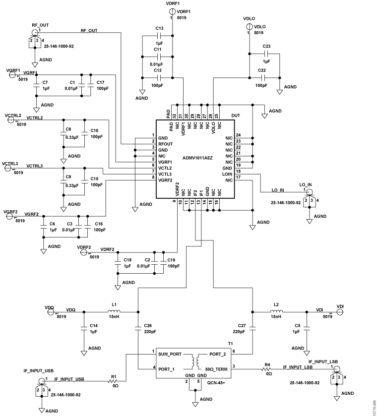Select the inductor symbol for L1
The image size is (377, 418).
click(x=114, y=312)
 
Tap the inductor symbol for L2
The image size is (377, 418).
click(x=276, y=312)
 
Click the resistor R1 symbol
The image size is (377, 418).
click(x=113, y=381)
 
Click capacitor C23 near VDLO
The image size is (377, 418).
click(x=266, y=53)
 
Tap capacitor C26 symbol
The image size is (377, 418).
click(x=138, y=328)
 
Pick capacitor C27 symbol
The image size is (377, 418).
click(x=252, y=328)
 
